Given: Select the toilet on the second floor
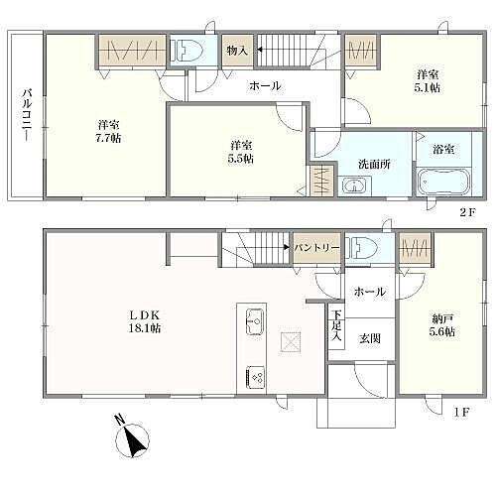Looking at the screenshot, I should pos(187,52).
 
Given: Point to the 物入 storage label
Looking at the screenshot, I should pos(236,51).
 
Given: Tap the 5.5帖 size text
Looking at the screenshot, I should pos(241,159).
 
